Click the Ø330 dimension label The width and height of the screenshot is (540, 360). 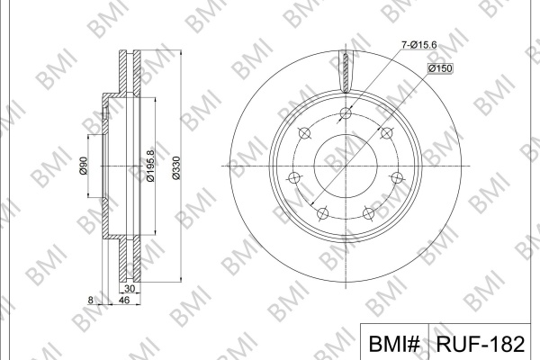(x=176, y=167)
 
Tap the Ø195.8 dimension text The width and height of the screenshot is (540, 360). (x=150, y=166)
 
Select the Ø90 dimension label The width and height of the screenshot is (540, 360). (x=84, y=166)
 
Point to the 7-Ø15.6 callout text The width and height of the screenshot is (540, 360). (x=419, y=45)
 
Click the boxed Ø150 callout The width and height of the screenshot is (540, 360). (x=440, y=68)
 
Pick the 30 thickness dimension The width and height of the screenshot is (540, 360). (x=130, y=289)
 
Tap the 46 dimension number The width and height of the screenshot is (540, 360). (x=123, y=301)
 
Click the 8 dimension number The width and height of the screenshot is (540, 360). (x=90, y=301)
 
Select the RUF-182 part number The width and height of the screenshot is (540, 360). (x=480, y=344)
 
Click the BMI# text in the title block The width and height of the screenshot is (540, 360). (x=394, y=344)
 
